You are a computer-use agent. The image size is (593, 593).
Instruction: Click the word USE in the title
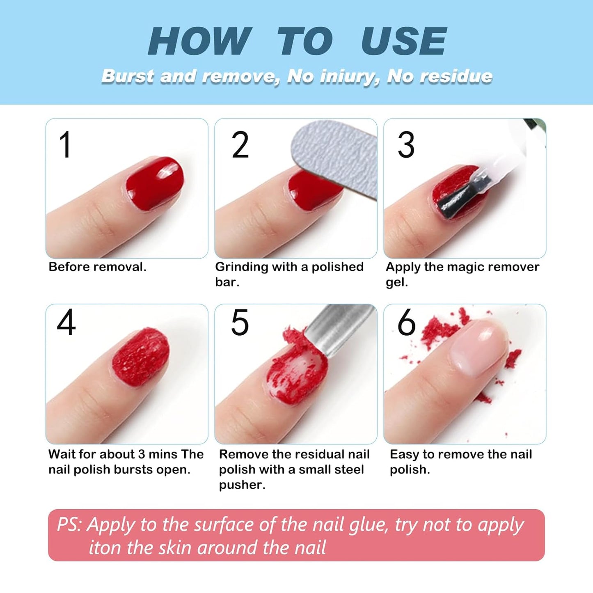[x=403, y=41]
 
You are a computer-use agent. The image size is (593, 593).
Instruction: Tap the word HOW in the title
[x=199, y=41]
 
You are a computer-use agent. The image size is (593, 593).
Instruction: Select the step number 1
[x=65, y=145]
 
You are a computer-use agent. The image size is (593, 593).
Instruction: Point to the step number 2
[x=240, y=145]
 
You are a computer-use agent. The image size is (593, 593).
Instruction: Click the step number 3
[x=406, y=145]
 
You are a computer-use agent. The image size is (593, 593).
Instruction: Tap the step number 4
[x=66, y=323]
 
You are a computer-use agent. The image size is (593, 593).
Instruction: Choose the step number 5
[x=240, y=323]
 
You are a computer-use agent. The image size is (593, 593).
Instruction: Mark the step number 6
[x=406, y=323]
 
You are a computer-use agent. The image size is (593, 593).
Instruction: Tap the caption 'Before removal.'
[x=97, y=267]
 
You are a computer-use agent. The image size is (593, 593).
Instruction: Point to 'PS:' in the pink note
[x=69, y=524]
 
